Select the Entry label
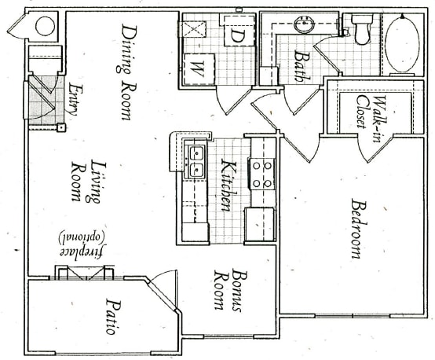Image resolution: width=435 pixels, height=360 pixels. pos(73,101)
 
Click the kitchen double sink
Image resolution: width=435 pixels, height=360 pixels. pos(194,161)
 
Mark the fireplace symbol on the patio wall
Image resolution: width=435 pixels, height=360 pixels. pos(85,272)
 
